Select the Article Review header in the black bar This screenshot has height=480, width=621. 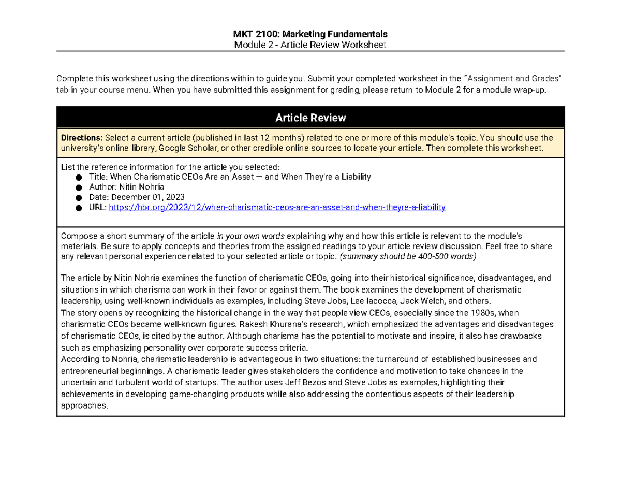(x=310, y=118)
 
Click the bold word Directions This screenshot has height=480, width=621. (x=82, y=138)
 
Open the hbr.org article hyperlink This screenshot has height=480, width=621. (x=276, y=207)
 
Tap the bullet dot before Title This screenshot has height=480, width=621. (x=79, y=178)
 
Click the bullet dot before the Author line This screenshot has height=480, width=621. (x=79, y=187)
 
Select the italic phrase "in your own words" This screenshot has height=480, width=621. (x=250, y=235)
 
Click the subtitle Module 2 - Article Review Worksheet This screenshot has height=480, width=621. (x=310, y=45)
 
